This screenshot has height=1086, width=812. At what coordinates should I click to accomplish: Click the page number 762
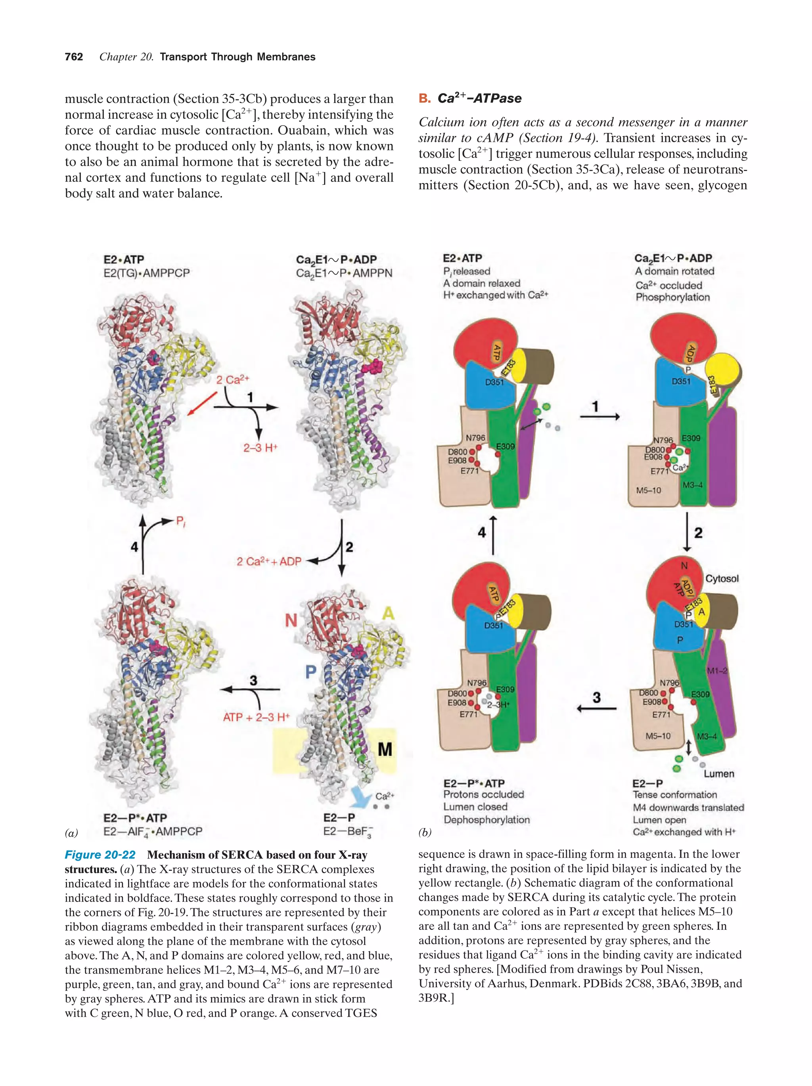click(x=74, y=57)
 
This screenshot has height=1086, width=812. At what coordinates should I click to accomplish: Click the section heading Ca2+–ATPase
click(x=479, y=98)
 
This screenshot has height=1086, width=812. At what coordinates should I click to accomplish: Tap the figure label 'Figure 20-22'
click(x=100, y=855)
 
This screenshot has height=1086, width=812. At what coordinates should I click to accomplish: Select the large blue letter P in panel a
click(x=310, y=672)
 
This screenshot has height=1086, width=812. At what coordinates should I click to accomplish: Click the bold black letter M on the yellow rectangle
click(x=385, y=749)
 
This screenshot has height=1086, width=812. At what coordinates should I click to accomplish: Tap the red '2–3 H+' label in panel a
click(x=260, y=448)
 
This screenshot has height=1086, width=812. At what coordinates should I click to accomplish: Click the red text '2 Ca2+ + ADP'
click(x=269, y=561)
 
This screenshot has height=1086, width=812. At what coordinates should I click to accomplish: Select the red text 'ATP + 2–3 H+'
click(x=256, y=717)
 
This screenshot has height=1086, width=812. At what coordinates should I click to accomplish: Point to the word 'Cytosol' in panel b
click(x=722, y=578)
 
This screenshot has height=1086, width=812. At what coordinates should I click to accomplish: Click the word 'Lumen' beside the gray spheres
click(x=719, y=774)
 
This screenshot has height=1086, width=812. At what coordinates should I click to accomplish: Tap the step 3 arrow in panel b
click(x=596, y=708)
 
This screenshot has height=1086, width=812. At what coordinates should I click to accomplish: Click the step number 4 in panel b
click(x=481, y=532)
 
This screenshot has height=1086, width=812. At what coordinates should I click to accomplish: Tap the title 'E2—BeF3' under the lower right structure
click(x=347, y=832)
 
